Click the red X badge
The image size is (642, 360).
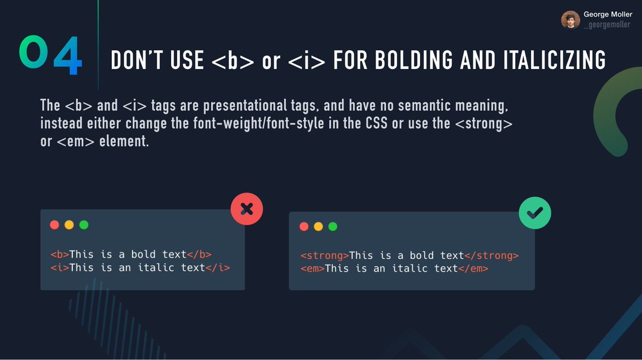(247, 208)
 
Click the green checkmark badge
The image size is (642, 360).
(534, 213)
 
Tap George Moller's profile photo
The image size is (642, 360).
(570, 20)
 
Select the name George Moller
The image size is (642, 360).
(608, 15)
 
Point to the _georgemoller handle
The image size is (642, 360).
(607, 25)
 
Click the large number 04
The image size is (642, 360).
(50, 56)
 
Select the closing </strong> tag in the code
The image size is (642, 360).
(492, 256)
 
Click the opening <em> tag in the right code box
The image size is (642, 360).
(312, 268)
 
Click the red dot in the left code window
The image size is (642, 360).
(54, 225)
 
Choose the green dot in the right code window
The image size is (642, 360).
(333, 226)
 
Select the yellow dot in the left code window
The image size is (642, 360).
(69, 225)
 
